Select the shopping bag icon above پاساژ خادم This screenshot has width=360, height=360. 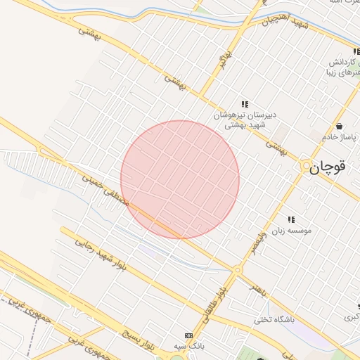point(340,127)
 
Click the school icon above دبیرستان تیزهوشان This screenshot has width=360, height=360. point(245,104)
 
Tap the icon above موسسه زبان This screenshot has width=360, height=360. point(291,219)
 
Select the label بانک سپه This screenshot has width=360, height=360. point(189,347)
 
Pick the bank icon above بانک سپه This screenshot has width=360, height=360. point(188,335)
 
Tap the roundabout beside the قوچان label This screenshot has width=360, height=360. point(307,167)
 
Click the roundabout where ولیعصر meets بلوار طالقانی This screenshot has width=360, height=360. point(237,269)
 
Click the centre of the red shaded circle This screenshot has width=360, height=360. point(180,179)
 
